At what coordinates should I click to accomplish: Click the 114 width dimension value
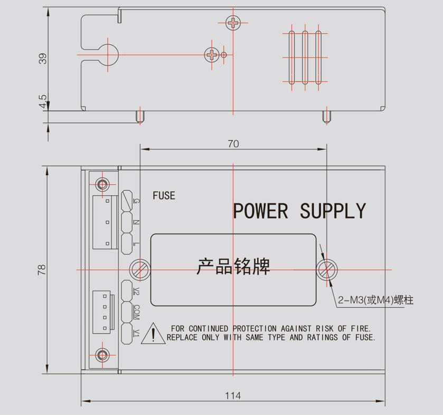pyautogui.click(x=233, y=395)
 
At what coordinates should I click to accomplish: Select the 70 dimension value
pyautogui.click(x=233, y=144)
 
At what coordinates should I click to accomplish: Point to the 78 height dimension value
pyautogui.click(x=42, y=269)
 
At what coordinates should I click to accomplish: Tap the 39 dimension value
pyautogui.click(x=43, y=58)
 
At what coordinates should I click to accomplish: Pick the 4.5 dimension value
pyautogui.click(x=43, y=101)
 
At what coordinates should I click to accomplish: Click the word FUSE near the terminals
pyautogui.click(x=164, y=195)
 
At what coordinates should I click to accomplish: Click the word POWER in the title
pyautogui.click(x=261, y=211)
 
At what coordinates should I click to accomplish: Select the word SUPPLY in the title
pyautogui.click(x=333, y=211)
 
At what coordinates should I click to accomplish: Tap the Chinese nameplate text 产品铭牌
pyautogui.click(x=233, y=266)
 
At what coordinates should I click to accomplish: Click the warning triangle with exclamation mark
pyautogui.click(x=153, y=334)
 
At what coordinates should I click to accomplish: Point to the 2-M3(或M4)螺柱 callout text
pyautogui.click(x=376, y=300)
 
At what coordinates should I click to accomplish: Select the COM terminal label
pyautogui.click(x=136, y=311)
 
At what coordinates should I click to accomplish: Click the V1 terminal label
pyautogui.click(x=136, y=333)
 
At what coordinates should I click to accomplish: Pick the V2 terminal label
pyautogui.click(x=136, y=290)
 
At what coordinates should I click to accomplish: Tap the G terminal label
pyautogui.click(x=136, y=201)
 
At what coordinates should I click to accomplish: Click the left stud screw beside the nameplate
pyautogui.click(x=140, y=269)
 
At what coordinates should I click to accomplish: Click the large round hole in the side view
pyautogui.click(x=108, y=54)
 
